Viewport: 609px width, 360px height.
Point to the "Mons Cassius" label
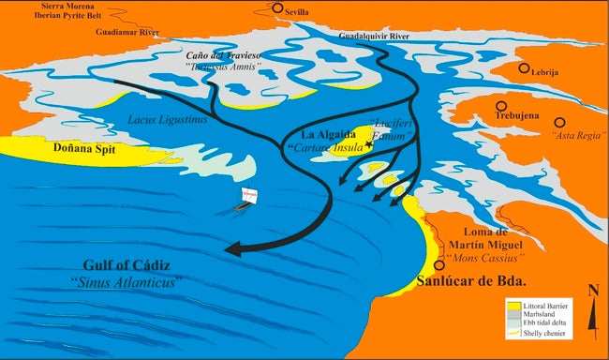[x=485, y=255]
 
